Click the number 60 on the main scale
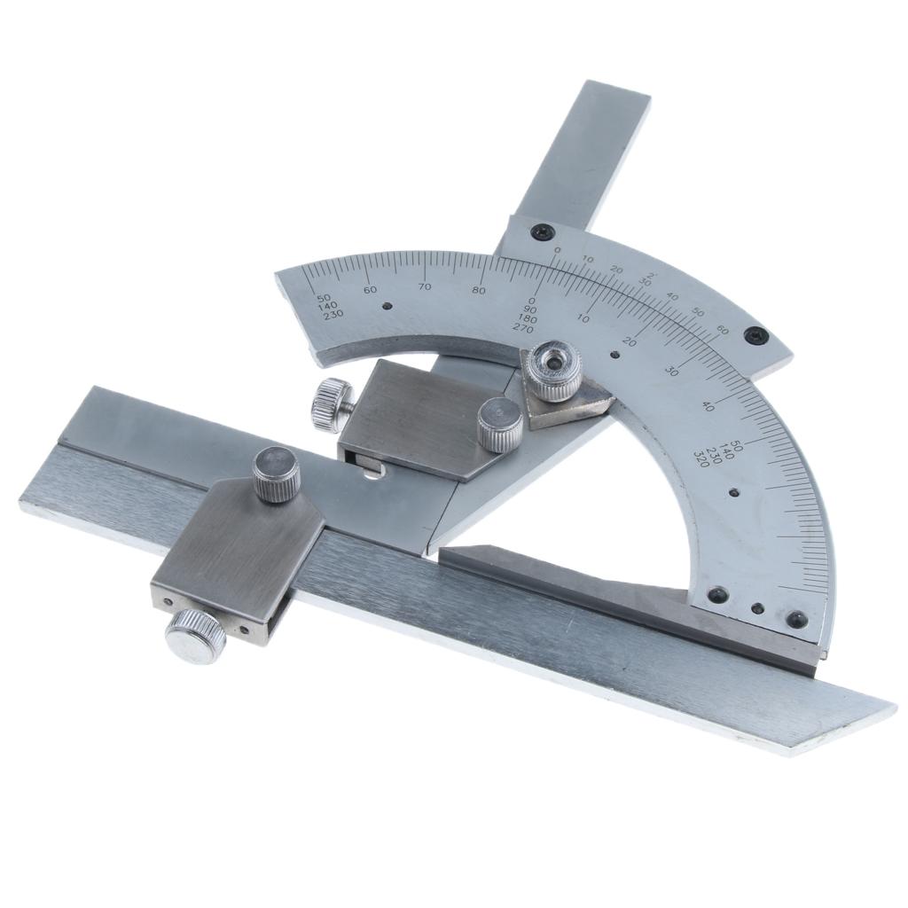point(371,289)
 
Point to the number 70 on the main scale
point(425,286)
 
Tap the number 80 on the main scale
point(480,290)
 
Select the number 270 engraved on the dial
point(522,327)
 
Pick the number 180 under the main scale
point(527,318)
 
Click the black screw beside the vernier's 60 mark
point(756,335)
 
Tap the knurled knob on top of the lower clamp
point(277,474)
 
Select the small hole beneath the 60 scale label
point(387,307)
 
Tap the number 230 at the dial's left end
point(333,315)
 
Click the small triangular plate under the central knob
point(567,403)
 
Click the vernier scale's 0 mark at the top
point(557,251)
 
